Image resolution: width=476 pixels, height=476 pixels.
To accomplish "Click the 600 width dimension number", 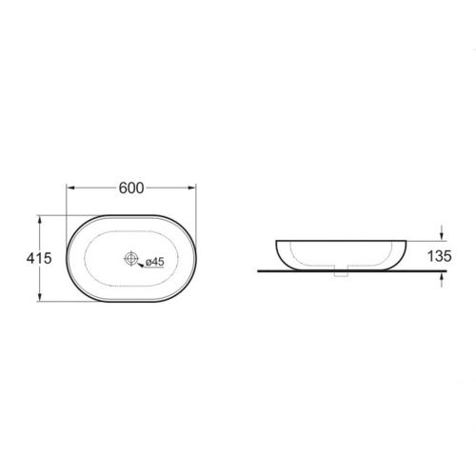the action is (131, 188).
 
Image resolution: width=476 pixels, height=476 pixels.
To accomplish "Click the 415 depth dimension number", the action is (39, 258).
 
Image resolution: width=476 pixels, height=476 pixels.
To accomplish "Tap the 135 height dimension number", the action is (440, 256).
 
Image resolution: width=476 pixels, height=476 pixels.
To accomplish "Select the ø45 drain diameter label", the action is (155, 262).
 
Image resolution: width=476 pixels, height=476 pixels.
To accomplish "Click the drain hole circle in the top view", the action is (130, 258).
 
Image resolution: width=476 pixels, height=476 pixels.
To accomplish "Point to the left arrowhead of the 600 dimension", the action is (70, 188).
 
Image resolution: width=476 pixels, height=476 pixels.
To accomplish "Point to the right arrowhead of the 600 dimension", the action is (191, 188).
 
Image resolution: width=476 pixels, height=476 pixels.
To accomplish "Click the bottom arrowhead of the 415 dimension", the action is (39, 297).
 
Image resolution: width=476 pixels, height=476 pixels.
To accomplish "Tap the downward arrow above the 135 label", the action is (442, 232).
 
